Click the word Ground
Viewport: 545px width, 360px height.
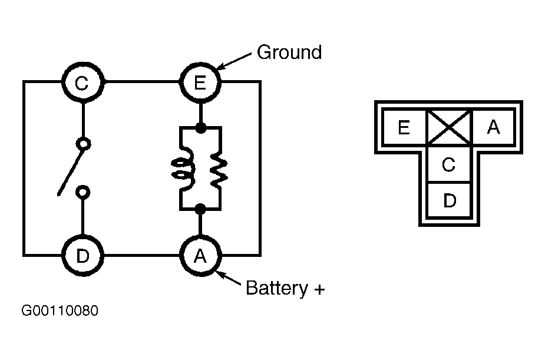click(289, 52)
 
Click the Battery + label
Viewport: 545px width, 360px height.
click(285, 289)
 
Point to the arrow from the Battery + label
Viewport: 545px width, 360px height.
click(231, 279)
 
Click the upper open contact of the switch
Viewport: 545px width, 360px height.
click(83, 143)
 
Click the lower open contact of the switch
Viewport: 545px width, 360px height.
click(83, 191)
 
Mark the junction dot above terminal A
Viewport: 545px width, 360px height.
click(200, 209)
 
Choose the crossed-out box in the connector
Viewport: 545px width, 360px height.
click(448, 127)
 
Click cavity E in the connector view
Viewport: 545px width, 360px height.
click(404, 127)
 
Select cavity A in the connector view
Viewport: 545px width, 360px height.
click(493, 127)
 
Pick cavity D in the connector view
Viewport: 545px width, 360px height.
click(449, 201)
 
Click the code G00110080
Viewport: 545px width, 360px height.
click(60, 311)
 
